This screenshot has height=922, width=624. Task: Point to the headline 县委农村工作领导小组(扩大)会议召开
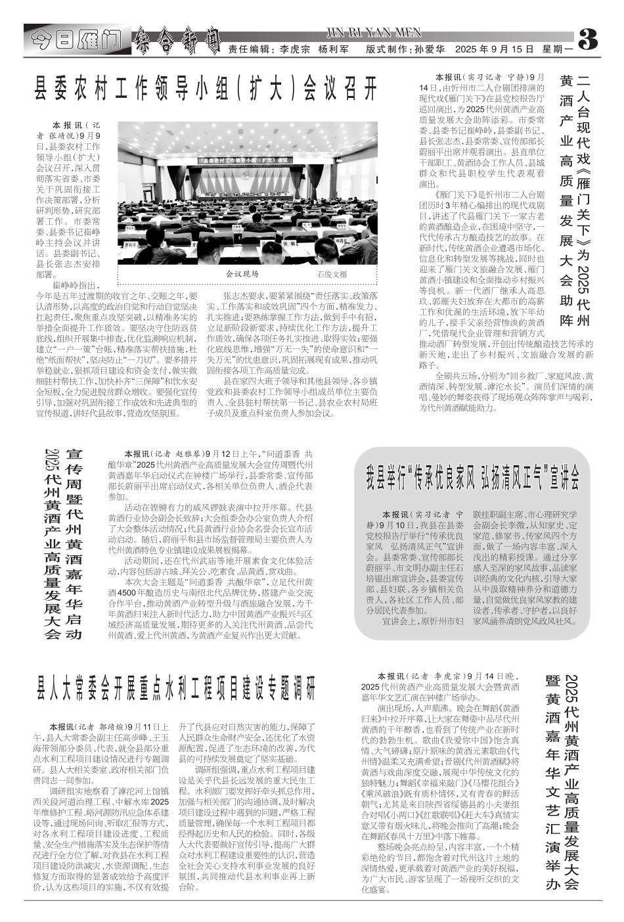point(207,86)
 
